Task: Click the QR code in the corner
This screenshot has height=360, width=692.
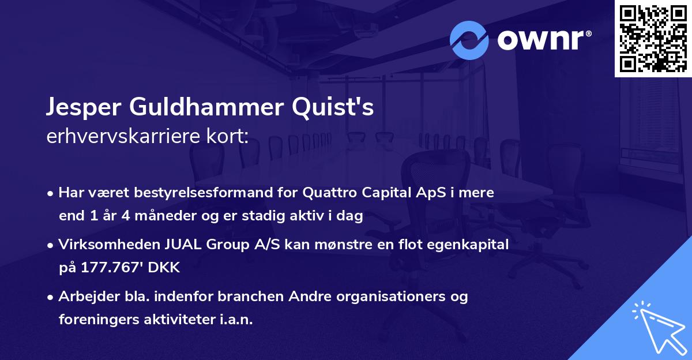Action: (x=653, y=38)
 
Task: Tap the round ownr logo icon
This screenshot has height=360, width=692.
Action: (x=469, y=40)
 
